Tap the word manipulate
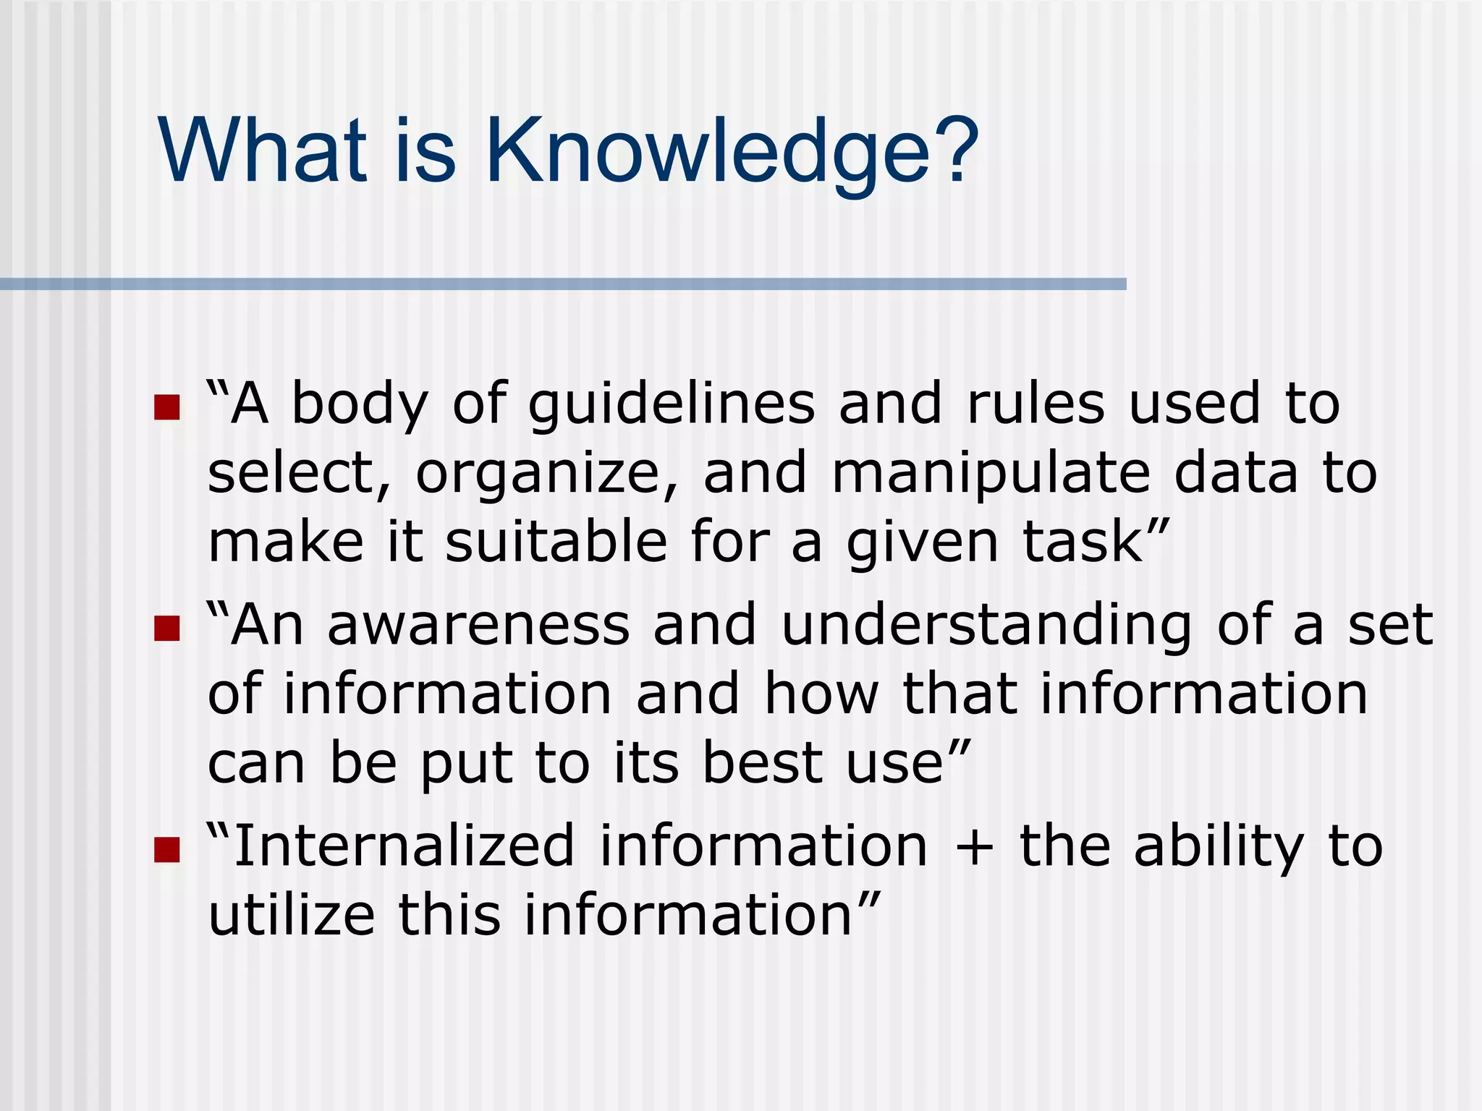click(x=991, y=474)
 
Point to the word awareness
click(x=478, y=626)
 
